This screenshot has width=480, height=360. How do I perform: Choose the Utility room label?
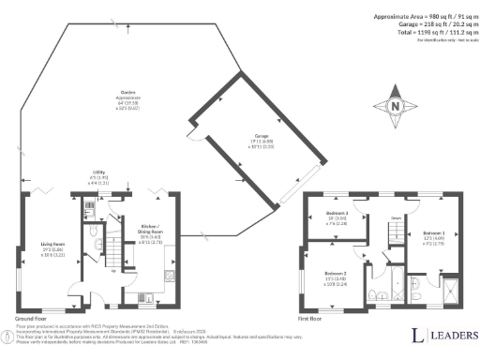coord(97,176)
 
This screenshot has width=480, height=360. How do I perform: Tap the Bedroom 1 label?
coord(433,236)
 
